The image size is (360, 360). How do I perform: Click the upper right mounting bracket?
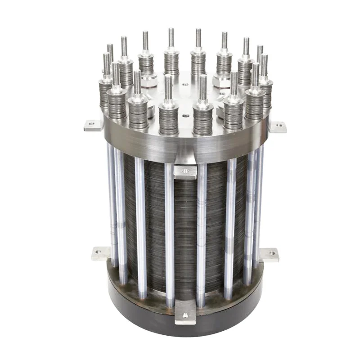click(x=278, y=126)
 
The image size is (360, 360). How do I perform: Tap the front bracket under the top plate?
click(x=185, y=171)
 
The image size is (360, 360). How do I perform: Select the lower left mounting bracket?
click(x=101, y=253)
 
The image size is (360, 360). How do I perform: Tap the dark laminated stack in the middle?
click(x=184, y=225)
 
